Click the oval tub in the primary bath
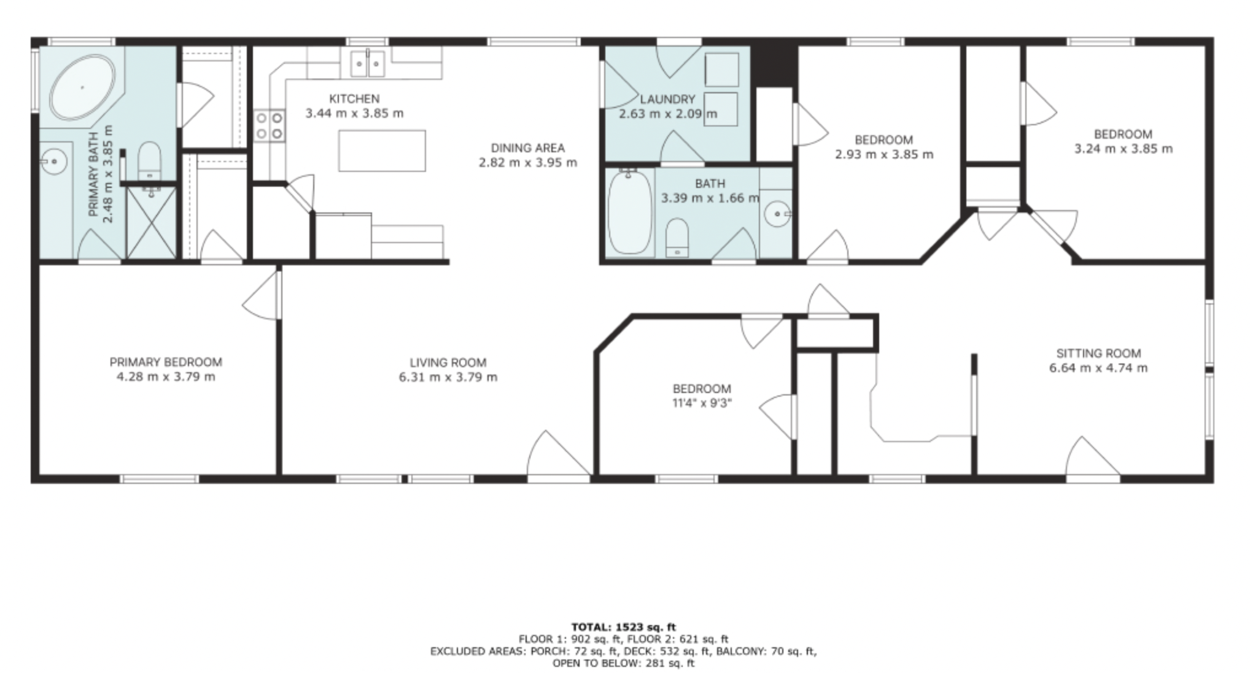[x=82, y=88]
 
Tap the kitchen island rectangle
[x=382, y=150]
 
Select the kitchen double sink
[x=368, y=63]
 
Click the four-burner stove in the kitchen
[x=270, y=125]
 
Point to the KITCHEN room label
[x=354, y=98]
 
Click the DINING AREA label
[x=528, y=148]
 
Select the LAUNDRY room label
[x=667, y=99]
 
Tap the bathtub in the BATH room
[x=630, y=212]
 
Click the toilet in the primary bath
[x=149, y=160]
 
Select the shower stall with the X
[x=151, y=222]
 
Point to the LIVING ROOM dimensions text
[x=448, y=377]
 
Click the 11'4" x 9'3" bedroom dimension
[x=702, y=403]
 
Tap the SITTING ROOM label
[x=1098, y=353]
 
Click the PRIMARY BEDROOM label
[x=166, y=362]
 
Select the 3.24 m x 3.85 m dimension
[x=1124, y=149]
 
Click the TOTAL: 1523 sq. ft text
[x=623, y=627]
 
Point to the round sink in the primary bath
[x=54, y=161]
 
